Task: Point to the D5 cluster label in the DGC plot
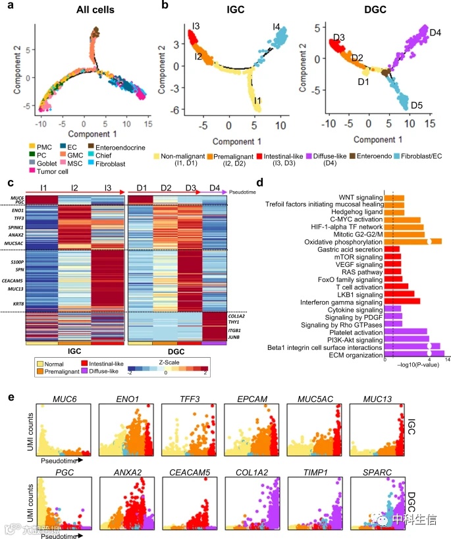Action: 416,105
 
